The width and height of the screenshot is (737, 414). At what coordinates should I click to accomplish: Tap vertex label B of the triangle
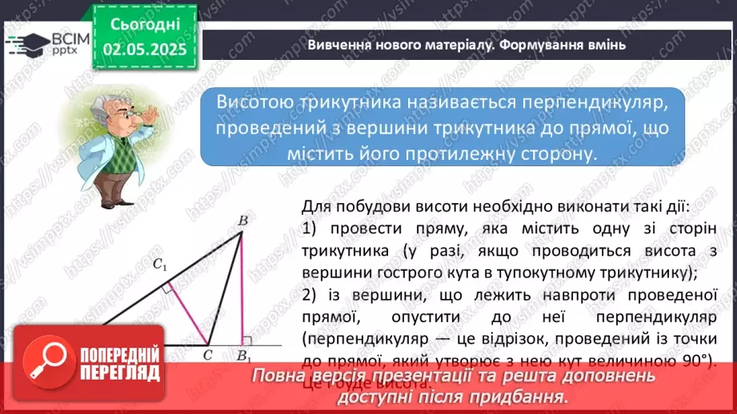242,220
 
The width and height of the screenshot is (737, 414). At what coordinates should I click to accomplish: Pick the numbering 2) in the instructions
312,294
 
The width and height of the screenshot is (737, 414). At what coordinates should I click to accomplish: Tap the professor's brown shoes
107,201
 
